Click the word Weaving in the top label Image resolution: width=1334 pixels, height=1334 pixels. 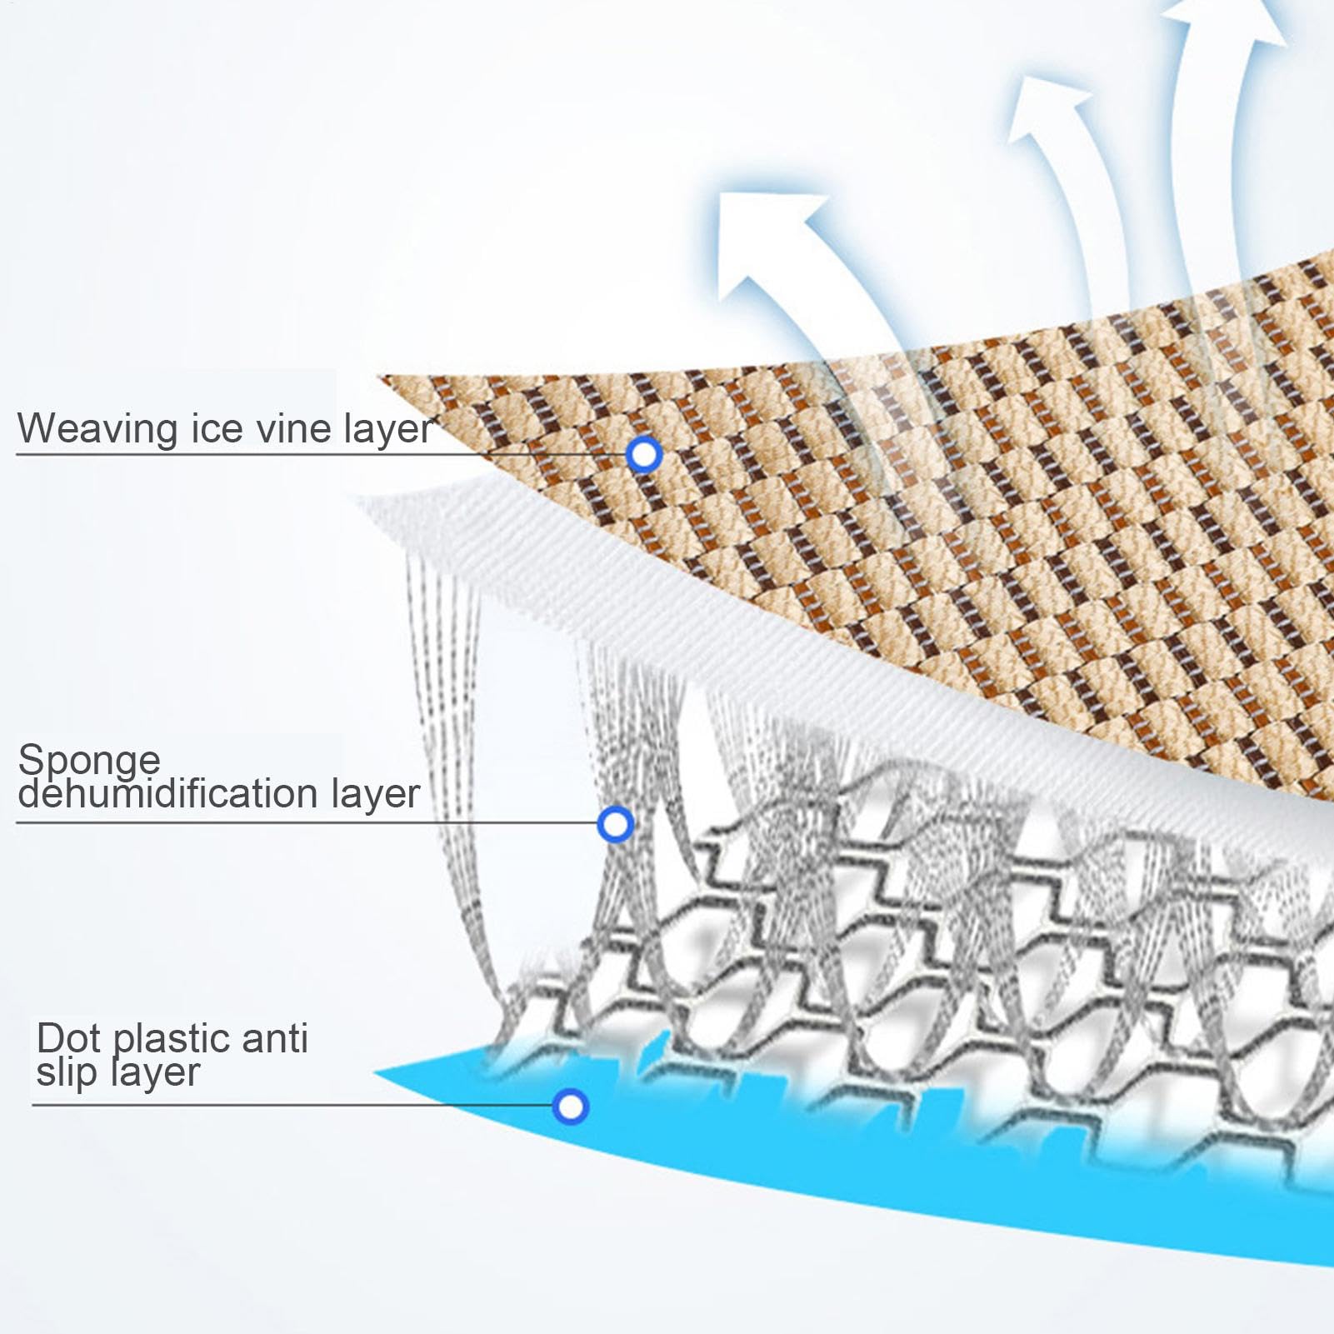(x=98, y=430)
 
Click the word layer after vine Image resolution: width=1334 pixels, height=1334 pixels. (x=388, y=430)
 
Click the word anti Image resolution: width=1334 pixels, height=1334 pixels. (x=275, y=1038)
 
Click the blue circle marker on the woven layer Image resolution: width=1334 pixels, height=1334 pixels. (x=644, y=454)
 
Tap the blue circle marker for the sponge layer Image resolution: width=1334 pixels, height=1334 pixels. (x=616, y=824)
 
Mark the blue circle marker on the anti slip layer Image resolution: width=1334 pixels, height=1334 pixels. (x=571, y=1107)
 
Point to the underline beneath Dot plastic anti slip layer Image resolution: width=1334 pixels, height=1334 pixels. (x=292, y=1106)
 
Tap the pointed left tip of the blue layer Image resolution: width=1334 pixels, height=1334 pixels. (x=375, y=1072)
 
